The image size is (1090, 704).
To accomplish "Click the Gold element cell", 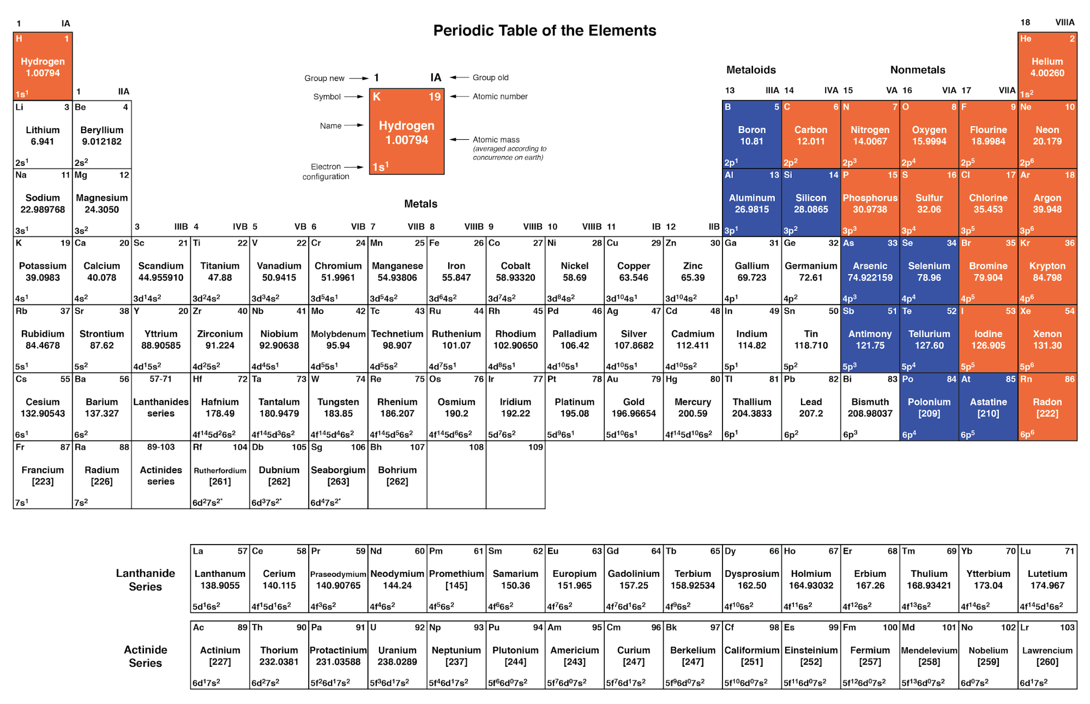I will point(634,407).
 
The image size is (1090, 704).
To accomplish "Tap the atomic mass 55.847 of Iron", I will point(456,278).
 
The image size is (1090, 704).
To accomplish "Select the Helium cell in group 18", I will point(1047,66).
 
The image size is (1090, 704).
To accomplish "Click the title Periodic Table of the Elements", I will point(545,31).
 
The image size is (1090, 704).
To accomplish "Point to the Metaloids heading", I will point(751,70).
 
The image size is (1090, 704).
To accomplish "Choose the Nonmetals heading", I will point(918,70).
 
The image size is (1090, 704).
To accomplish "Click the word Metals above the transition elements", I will point(420,204).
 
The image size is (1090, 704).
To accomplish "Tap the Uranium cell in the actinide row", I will point(397,655).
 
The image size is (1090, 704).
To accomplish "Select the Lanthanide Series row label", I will point(146,580).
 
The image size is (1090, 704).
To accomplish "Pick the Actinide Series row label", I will point(146,656).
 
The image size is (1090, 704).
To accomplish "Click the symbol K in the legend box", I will point(376,97).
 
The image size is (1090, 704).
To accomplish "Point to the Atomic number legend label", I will point(500,97).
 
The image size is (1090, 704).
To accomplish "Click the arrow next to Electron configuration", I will point(353,167).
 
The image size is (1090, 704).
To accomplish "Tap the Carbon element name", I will point(811,130).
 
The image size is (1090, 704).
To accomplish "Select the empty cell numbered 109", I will point(515,475).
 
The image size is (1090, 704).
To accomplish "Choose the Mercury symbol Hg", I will point(672,379).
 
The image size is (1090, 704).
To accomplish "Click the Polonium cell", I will point(929,407).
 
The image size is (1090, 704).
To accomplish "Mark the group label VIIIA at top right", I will point(1064,22).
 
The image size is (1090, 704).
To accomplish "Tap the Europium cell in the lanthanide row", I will point(574,578).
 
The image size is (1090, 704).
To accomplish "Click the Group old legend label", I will point(490,77).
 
